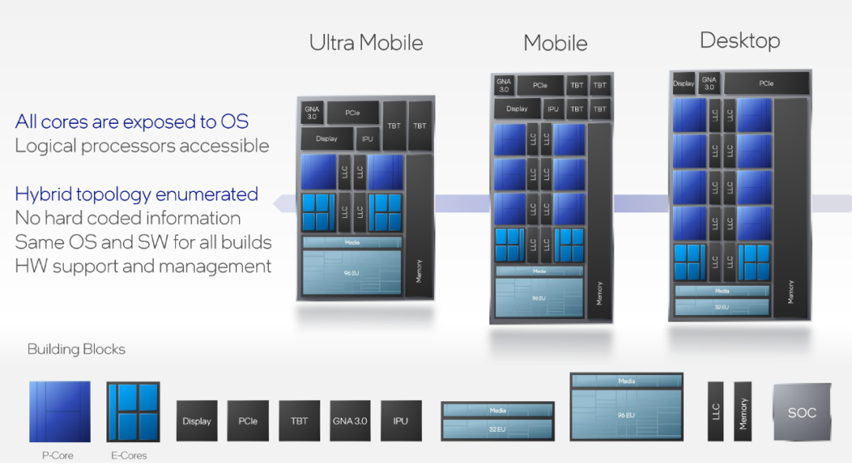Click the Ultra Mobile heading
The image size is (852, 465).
pyautogui.click(x=366, y=43)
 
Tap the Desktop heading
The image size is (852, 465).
pyautogui.click(x=740, y=40)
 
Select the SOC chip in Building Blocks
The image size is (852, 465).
pyautogui.click(x=802, y=412)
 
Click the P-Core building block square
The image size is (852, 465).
pyautogui.click(x=60, y=411)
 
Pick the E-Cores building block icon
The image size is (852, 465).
pyautogui.click(x=133, y=411)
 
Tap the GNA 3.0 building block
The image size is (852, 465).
pyautogui.click(x=349, y=421)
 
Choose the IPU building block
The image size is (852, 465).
pyautogui.click(x=401, y=421)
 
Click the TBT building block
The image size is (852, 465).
pyautogui.click(x=299, y=421)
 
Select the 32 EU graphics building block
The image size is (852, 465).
pyautogui.click(x=498, y=422)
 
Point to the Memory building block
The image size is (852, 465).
pyautogui.click(x=743, y=412)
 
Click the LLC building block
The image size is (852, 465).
pyautogui.click(x=716, y=412)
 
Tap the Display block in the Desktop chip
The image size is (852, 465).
pyautogui.click(x=683, y=83)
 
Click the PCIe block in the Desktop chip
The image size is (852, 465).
pyautogui.click(x=766, y=83)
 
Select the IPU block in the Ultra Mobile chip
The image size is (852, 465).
pyautogui.click(x=368, y=139)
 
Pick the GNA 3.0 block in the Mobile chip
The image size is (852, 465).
pyautogui.click(x=503, y=85)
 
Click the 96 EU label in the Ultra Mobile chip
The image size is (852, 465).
pyautogui.click(x=352, y=272)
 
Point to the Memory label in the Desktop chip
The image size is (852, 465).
pyautogui.click(x=791, y=291)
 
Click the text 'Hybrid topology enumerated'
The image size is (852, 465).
pyautogui.click(x=136, y=194)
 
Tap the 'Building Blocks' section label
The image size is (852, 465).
pyautogui.click(x=77, y=349)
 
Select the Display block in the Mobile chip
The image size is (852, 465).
pyautogui.click(x=517, y=109)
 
